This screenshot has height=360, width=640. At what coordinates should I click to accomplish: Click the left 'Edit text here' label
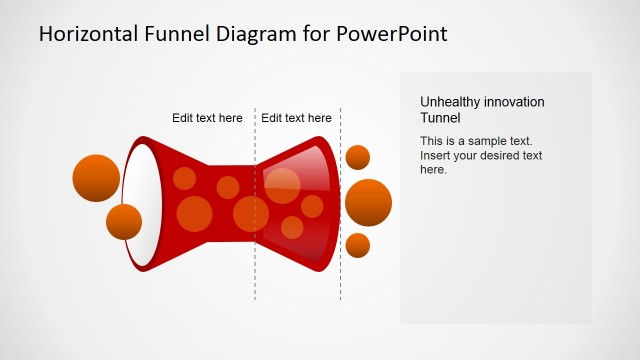(x=207, y=118)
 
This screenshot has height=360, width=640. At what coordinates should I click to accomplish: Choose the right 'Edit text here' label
(x=296, y=118)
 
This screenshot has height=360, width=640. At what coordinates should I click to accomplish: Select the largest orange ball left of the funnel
(x=96, y=178)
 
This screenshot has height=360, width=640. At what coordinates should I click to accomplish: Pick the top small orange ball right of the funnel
(x=357, y=157)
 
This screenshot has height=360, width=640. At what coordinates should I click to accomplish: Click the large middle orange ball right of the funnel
(x=368, y=203)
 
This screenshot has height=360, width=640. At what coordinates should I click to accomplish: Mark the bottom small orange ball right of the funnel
(x=357, y=245)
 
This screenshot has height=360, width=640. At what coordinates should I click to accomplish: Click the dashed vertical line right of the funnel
(x=340, y=280)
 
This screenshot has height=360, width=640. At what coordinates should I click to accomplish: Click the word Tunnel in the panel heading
(x=441, y=117)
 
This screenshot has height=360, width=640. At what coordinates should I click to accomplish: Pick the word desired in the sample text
(x=501, y=155)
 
